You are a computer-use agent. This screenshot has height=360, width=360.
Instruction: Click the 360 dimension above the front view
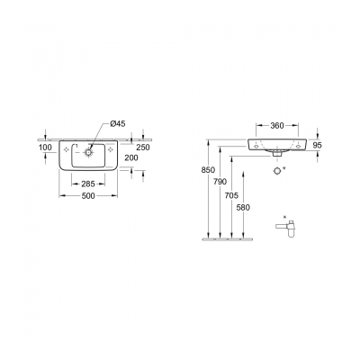(277, 127)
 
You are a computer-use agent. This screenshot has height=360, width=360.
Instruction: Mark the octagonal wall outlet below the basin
(277, 168)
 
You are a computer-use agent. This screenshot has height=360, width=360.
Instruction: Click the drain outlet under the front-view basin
(277, 156)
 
